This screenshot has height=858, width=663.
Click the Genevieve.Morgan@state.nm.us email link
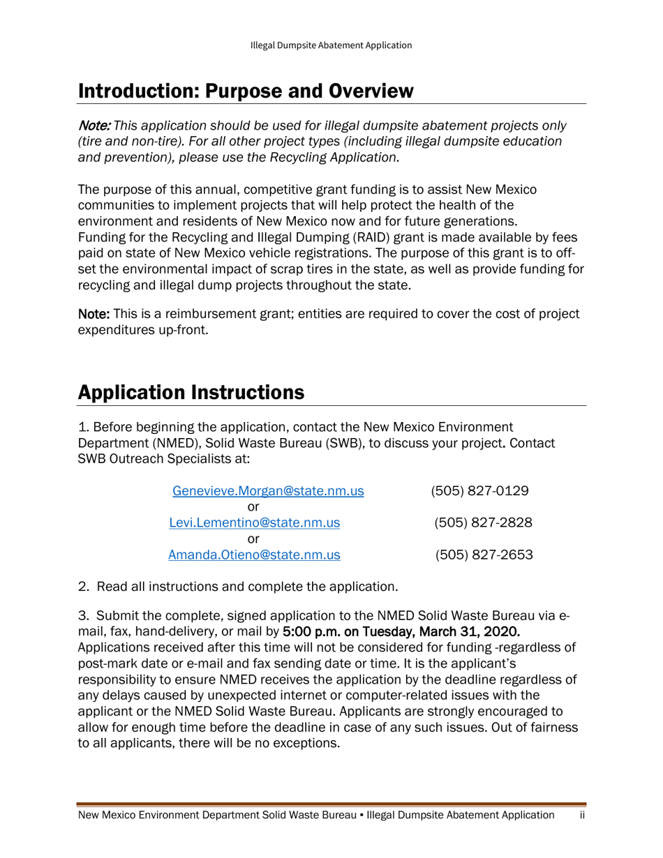click(268, 490)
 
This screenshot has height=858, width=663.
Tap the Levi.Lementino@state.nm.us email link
click(255, 522)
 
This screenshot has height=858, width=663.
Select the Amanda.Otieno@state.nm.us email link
click(255, 555)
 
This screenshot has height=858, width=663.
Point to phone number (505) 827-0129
click(480, 490)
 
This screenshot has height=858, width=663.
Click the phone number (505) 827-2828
click(483, 522)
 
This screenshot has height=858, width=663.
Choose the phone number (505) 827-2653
click(483, 555)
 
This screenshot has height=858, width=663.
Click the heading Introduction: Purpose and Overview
click(246, 91)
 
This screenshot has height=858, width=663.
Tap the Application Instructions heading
click(191, 392)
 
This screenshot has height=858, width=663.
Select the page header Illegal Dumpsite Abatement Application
click(331, 45)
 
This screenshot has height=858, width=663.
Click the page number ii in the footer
click(581, 815)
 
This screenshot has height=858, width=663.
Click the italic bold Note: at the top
click(94, 126)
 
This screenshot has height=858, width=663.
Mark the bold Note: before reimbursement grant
click(94, 313)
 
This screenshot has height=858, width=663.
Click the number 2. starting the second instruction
click(83, 587)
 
